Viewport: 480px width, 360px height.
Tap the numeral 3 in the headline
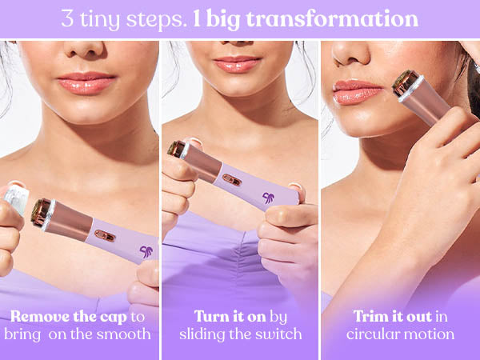tap(67, 18)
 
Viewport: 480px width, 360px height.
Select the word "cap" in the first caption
tap(114, 317)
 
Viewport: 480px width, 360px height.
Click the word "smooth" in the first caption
tap(124, 334)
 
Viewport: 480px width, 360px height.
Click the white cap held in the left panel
tap(16, 198)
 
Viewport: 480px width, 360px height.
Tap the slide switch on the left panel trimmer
tap(105, 236)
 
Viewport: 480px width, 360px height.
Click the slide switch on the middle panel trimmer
tap(232, 180)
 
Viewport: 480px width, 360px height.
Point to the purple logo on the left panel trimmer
tap(146, 252)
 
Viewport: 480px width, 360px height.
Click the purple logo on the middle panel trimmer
tap(269, 198)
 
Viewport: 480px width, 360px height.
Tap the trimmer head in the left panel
tap(42, 214)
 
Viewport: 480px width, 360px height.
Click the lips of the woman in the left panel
tap(86, 82)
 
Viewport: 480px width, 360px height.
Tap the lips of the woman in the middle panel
tap(238, 64)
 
